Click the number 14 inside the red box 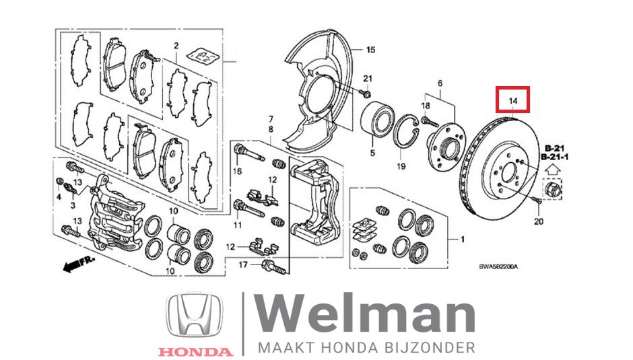point(512,101)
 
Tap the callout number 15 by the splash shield point(370,50)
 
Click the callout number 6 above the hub point(440,83)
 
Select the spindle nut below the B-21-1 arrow point(552,189)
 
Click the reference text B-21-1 point(554,157)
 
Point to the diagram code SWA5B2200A point(498,266)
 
